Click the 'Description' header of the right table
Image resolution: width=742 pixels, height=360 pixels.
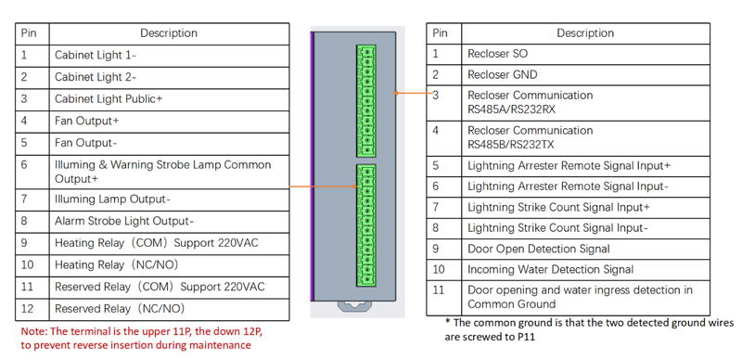(584, 32)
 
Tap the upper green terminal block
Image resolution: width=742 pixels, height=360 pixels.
(366, 100)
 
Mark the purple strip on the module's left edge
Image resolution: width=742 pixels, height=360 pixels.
(313, 167)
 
